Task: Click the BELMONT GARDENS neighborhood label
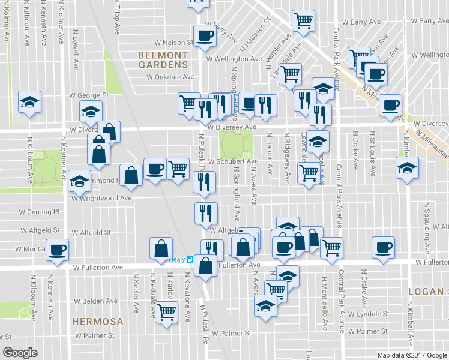pos(163,59)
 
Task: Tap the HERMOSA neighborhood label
pos(97,322)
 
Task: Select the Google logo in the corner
pos(20,352)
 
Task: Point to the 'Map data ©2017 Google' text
pos(411,355)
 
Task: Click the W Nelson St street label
pos(172,43)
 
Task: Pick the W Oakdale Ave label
pos(171,77)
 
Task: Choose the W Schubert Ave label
pos(233,161)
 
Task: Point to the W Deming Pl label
pos(40,212)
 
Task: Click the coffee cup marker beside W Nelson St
pos(204,35)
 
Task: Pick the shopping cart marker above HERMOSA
pos(166,311)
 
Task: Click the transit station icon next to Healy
pos(189,260)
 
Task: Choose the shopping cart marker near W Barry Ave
pos(303,20)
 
